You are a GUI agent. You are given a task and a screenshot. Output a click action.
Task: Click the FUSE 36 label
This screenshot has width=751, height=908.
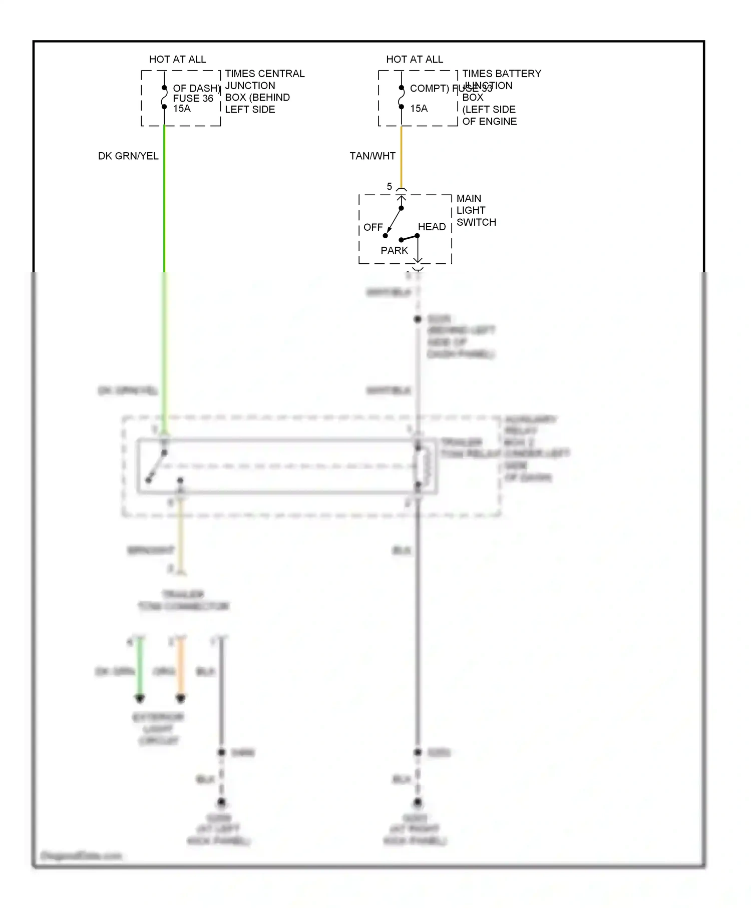pyautogui.click(x=193, y=98)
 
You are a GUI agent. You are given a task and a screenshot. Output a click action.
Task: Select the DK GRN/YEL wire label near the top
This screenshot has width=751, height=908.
pyautogui.click(x=128, y=156)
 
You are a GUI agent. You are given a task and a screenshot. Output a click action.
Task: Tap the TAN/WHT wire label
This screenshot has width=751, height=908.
pyautogui.click(x=372, y=156)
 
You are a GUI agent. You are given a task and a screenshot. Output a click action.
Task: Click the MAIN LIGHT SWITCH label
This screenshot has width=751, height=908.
pyautogui.click(x=476, y=210)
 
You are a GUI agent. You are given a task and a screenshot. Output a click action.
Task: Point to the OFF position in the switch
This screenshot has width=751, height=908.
pyautogui.click(x=373, y=227)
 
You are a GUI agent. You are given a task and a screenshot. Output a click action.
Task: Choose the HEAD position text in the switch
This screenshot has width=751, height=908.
pyautogui.click(x=432, y=227)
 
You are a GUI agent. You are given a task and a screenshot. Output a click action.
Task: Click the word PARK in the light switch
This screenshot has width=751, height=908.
pyautogui.click(x=394, y=250)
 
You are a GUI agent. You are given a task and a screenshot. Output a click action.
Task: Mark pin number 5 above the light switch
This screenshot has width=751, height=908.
pyautogui.click(x=390, y=187)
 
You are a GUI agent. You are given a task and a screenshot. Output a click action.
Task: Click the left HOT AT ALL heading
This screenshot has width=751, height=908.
pyautogui.click(x=177, y=59)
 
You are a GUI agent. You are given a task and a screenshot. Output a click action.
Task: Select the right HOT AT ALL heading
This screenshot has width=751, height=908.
pyautogui.click(x=414, y=59)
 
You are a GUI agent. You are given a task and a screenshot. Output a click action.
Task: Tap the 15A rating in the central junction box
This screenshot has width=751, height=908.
pyautogui.click(x=182, y=109)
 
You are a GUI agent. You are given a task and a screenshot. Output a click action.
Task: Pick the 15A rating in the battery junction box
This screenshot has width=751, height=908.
pyautogui.click(x=419, y=109)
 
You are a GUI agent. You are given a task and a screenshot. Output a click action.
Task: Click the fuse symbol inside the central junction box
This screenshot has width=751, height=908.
pyautogui.click(x=164, y=97)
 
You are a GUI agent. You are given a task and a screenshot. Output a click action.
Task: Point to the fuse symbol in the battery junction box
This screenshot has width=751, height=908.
pyautogui.click(x=401, y=97)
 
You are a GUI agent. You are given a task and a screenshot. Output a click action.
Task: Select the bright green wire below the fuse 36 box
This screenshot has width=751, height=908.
pyautogui.click(x=164, y=200)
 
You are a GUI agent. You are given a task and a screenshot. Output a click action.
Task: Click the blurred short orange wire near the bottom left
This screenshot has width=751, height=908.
pyautogui.click(x=181, y=668)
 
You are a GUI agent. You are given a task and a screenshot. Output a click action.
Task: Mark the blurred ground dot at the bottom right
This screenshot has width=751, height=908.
pyautogui.click(x=418, y=802)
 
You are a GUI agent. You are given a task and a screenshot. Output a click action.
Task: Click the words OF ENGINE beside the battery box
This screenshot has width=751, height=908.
pyautogui.click(x=489, y=121)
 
